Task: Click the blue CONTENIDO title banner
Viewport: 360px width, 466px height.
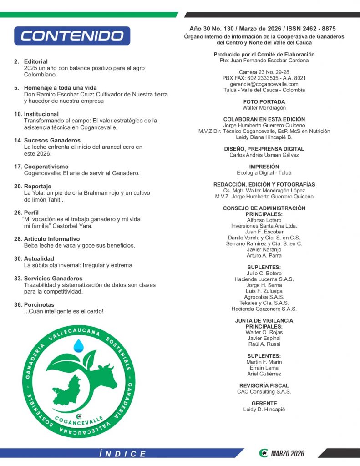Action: pyautogui.click(x=72, y=35)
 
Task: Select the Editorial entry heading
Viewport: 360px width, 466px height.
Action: pyautogui.click(x=35, y=61)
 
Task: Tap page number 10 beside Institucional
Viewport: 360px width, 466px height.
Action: pyautogui.click(x=17, y=114)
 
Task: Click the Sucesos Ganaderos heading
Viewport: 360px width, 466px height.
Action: pyautogui.click(x=52, y=141)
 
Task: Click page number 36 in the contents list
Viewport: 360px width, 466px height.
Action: pyautogui.click(x=17, y=305)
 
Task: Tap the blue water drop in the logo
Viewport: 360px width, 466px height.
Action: pyautogui.click(x=79, y=345)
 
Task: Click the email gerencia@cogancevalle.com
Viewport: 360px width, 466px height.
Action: pyautogui.click(x=264, y=84)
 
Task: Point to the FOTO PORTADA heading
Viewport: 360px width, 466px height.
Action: pyautogui.click(x=264, y=102)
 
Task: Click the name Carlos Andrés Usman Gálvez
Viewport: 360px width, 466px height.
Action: pyautogui.click(x=264, y=155)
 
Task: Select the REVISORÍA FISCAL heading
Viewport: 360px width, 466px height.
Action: pyautogui.click(x=264, y=386)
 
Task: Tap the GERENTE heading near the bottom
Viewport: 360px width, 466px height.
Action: pyautogui.click(x=264, y=404)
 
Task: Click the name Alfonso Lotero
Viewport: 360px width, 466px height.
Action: pyautogui.click(x=264, y=220)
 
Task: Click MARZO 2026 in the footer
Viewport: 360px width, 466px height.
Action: pyautogui.click(x=287, y=454)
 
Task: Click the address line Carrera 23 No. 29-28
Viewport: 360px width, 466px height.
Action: pyautogui.click(x=264, y=72)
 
